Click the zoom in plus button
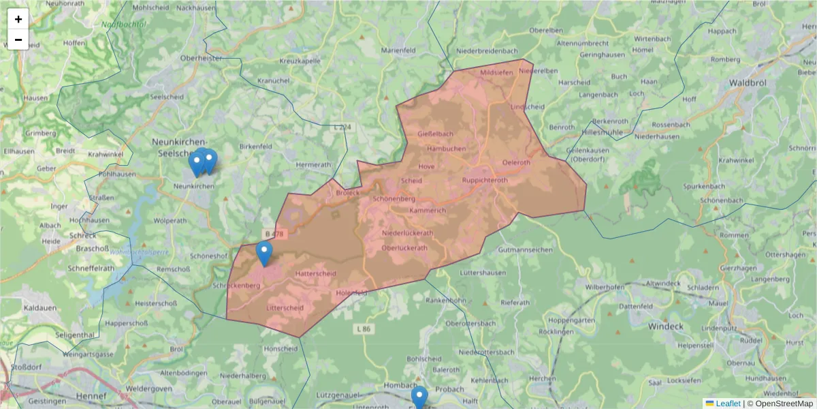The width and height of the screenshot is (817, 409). (18, 19)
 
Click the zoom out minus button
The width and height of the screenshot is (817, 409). (18, 40)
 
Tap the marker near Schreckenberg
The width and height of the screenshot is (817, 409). (264, 254)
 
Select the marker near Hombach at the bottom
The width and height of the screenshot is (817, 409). (419, 397)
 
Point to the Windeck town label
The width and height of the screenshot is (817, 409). (664, 327)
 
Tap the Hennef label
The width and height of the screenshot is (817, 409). (93, 395)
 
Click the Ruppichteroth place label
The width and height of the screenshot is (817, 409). (485, 180)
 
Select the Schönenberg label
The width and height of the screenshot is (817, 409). (394, 198)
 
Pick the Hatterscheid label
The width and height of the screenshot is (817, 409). (316, 273)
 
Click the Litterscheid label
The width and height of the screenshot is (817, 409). (285, 308)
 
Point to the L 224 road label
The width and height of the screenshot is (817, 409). (343, 127)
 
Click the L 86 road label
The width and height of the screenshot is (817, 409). (364, 329)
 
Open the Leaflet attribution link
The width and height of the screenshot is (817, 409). (728, 404)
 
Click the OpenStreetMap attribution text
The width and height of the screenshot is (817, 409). (784, 404)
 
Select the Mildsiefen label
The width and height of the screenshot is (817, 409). (497, 72)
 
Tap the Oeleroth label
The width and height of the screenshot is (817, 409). (515, 162)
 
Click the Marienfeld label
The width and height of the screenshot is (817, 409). (398, 50)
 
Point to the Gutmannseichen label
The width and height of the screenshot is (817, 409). (525, 250)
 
